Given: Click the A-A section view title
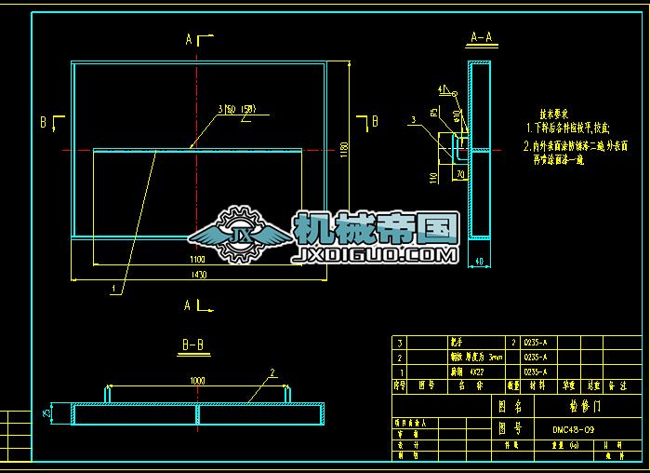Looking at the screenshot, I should point(481,38).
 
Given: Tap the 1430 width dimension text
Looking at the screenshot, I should point(198,276).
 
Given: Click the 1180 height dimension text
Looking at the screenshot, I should point(344,149).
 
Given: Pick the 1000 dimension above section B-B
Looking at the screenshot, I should point(197,380).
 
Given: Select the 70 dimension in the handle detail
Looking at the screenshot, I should point(459,173).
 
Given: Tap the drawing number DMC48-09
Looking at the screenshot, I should point(575,430).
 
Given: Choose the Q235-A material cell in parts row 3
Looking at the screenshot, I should point(536,343).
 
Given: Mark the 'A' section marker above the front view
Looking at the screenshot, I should point(189,39).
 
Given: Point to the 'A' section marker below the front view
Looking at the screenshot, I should point(189,304).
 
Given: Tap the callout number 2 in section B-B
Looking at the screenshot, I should point(272,372).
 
